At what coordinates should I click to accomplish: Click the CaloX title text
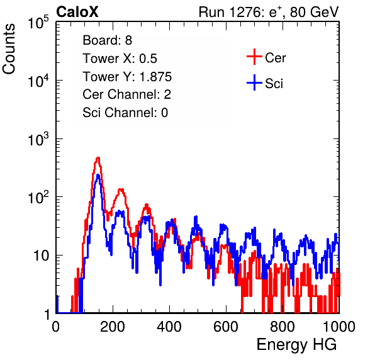click(x=77, y=12)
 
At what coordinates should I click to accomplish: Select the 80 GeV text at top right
click(x=314, y=12)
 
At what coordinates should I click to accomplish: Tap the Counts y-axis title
click(x=9, y=49)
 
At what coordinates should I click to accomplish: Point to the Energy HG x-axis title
click(x=296, y=345)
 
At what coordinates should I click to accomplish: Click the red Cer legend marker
click(x=254, y=57)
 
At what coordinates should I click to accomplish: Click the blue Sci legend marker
click(x=254, y=82)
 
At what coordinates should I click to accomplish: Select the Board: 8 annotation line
click(x=107, y=40)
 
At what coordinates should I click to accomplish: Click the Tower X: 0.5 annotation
click(x=120, y=59)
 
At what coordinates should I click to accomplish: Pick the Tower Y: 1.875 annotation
click(x=127, y=77)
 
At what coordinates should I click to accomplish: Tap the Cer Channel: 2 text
click(x=126, y=94)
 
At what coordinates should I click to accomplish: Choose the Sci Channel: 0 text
click(x=125, y=113)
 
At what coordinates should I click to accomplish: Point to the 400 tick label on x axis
click(x=169, y=327)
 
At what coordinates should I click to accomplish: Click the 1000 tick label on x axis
click(x=339, y=327)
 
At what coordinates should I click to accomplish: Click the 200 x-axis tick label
click(x=113, y=327)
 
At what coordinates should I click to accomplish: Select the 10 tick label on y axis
click(x=42, y=256)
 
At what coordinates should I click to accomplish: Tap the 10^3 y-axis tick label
click(x=38, y=138)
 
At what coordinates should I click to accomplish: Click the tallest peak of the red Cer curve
click(x=98, y=158)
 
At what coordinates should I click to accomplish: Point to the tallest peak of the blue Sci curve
click(x=98, y=176)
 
